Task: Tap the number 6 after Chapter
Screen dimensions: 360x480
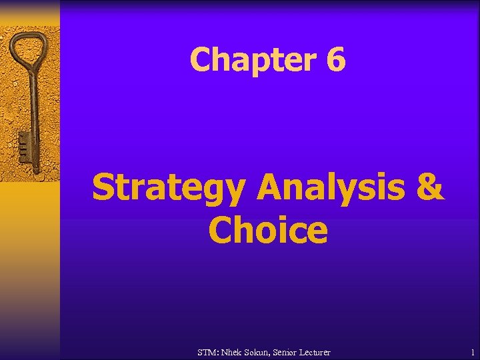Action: click(336, 60)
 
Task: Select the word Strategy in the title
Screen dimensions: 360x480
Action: click(167, 189)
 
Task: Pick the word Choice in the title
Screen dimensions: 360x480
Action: click(268, 231)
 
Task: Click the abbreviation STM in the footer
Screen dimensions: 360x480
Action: click(208, 351)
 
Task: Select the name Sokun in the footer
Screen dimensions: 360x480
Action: click(265, 351)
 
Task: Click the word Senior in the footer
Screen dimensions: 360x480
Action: click(295, 351)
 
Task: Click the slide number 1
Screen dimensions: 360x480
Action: click(472, 351)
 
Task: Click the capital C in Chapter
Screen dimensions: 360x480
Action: click(201, 60)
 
